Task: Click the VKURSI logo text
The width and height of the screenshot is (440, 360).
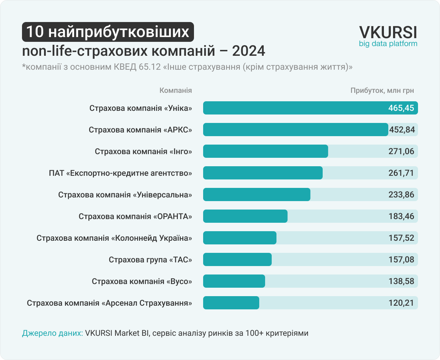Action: [388, 32]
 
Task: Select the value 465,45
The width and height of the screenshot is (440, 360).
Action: [401, 108]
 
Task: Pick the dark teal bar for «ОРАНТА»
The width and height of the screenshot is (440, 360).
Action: [245, 217]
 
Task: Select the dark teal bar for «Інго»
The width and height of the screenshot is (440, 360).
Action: [265, 152]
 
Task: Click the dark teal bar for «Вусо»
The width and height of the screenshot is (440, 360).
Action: [234, 281]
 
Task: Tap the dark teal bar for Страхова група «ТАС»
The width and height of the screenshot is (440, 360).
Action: [237, 260]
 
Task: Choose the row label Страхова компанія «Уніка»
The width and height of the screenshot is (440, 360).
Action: [141, 108]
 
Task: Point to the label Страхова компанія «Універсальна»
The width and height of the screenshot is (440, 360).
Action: [125, 195]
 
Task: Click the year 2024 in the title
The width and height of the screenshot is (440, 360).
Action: [248, 51]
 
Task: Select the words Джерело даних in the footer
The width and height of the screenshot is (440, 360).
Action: [52, 333]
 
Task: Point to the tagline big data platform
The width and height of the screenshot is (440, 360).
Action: [388, 44]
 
